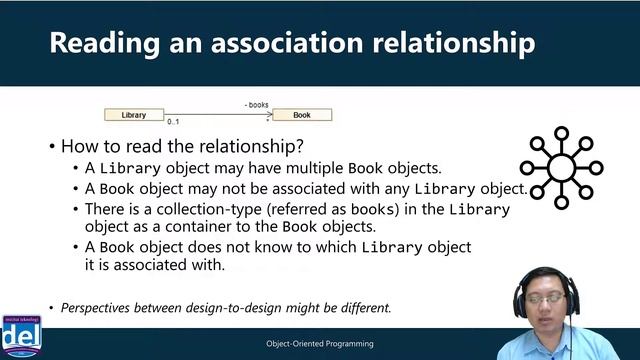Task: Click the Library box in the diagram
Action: pyautogui.click(x=133, y=115)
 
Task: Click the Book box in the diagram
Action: pyautogui.click(x=301, y=115)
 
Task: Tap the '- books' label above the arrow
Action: pyautogui.click(x=256, y=104)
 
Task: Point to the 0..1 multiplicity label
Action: pyautogui.click(x=173, y=123)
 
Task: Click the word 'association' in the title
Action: pyautogui.click(x=260, y=43)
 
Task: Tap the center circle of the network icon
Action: pyautogui.click(x=561, y=167)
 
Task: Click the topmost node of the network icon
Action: pyautogui.click(x=561, y=132)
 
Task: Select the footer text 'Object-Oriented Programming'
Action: pyautogui.click(x=319, y=344)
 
